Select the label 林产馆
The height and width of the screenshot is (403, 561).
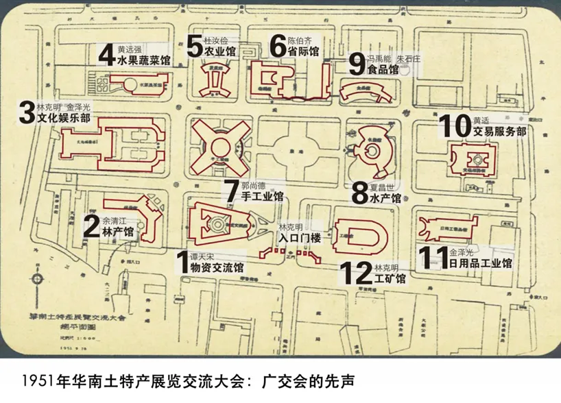pos(118,233)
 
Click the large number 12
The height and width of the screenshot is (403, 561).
pos(357,273)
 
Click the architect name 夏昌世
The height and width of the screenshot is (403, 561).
pos(385,186)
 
